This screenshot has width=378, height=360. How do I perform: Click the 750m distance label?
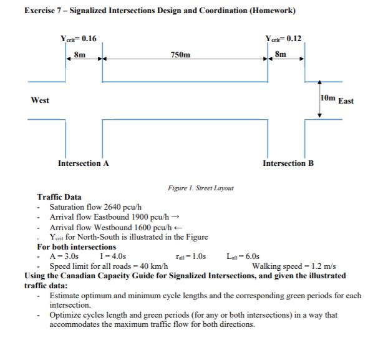click(x=181, y=55)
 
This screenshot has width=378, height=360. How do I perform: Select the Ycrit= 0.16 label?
click(x=78, y=39)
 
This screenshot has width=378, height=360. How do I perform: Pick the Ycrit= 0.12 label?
click(x=283, y=39)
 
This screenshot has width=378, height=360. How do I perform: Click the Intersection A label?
click(x=84, y=163)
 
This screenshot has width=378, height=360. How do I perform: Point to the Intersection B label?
click(x=288, y=163)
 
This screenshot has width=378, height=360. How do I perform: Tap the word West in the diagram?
click(x=40, y=100)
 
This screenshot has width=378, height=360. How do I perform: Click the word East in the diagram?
click(x=346, y=100)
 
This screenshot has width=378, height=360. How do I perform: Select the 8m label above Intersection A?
click(x=80, y=54)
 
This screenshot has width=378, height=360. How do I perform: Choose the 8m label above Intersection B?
click(x=281, y=54)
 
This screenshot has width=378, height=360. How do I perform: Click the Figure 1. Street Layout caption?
click(x=201, y=187)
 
